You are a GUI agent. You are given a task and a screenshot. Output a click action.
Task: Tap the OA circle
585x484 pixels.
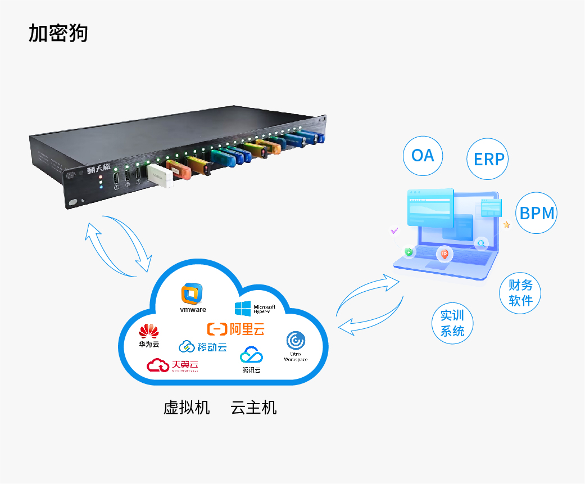coord(423,155)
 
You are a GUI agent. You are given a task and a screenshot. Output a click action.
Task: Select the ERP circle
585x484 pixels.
coord(488,159)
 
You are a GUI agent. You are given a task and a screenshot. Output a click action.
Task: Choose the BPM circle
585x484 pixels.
coord(537,213)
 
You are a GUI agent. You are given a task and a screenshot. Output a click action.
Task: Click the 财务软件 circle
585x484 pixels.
coord(520,292)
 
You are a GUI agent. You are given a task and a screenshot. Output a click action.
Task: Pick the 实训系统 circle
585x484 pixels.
coord(452,323)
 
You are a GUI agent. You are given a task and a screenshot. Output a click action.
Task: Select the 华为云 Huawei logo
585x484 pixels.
coord(149,335)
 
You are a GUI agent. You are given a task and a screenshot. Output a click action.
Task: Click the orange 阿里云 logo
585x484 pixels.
coord(235,329)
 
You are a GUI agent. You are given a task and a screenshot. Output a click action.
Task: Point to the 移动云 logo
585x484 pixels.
coord(202,347)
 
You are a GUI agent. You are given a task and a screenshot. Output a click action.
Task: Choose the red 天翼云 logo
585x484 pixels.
coord(173,365)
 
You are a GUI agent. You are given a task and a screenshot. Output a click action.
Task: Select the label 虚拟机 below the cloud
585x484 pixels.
coord(187,408)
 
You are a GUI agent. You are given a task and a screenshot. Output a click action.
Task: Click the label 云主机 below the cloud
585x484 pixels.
coord(253,408)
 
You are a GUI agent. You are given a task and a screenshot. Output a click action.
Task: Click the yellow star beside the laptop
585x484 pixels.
coord(506,224)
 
